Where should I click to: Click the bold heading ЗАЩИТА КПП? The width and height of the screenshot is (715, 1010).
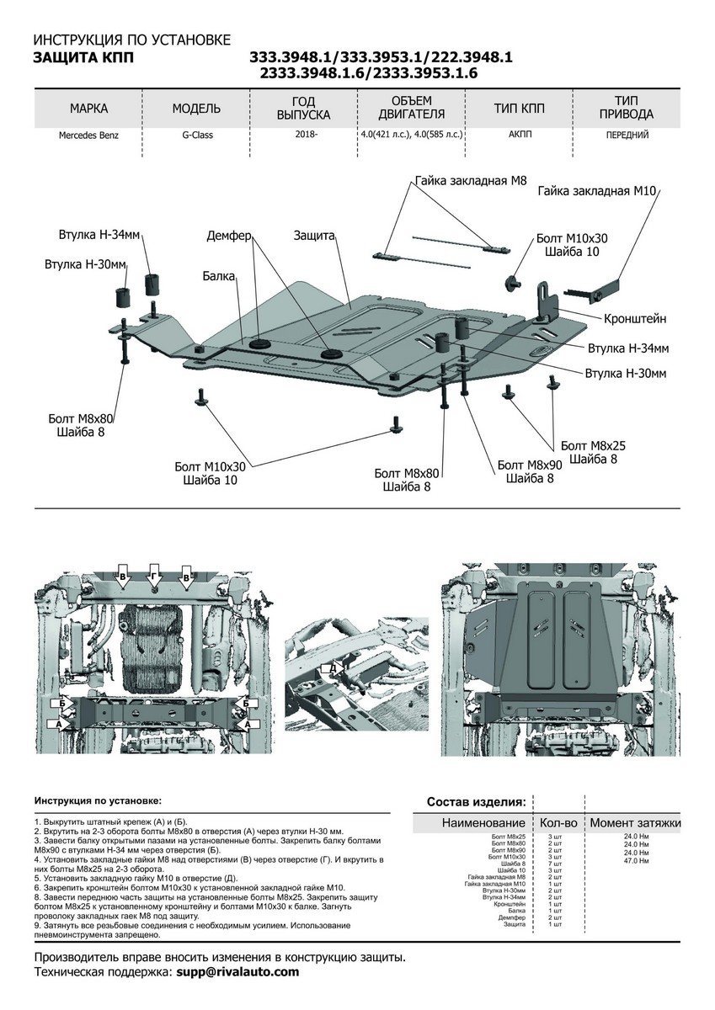pos(82,57)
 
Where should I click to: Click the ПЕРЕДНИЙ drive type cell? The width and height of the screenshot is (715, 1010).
pos(628,135)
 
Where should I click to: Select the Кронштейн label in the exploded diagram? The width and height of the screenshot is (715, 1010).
pos(634,319)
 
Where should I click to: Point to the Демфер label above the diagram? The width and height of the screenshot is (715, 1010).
pos(229,237)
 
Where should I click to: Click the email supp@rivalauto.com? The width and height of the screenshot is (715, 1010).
pos(237,971)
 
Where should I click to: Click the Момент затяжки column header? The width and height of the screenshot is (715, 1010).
pos(636,822)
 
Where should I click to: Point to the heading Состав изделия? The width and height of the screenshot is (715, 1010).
pos(477,800)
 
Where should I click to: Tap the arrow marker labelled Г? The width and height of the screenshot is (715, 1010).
pos(154,575)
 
